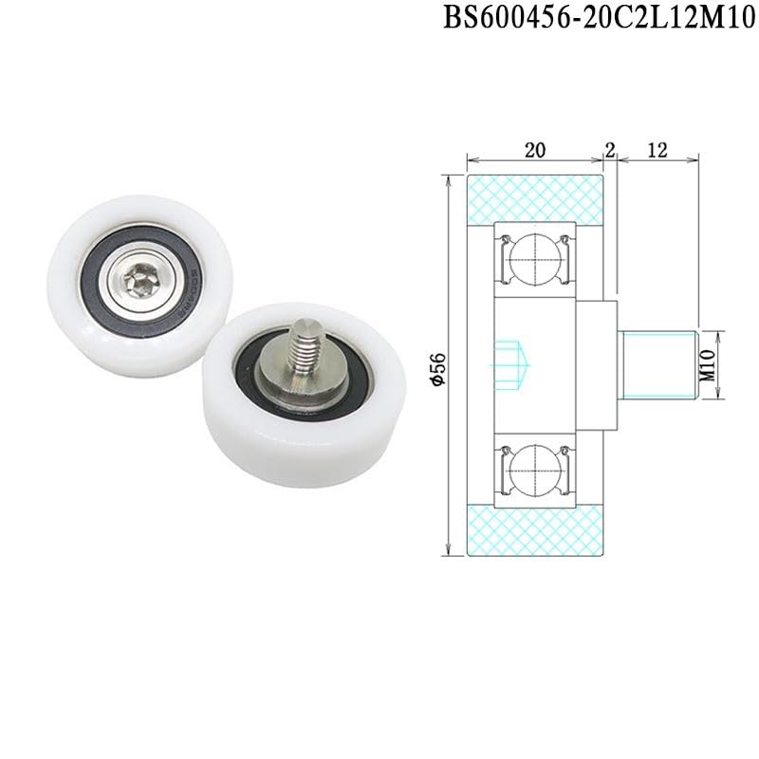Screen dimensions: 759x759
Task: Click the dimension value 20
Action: coord(535,149)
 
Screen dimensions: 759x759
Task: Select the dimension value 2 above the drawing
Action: coord(609,149)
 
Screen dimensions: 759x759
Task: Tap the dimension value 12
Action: coord(657,149)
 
